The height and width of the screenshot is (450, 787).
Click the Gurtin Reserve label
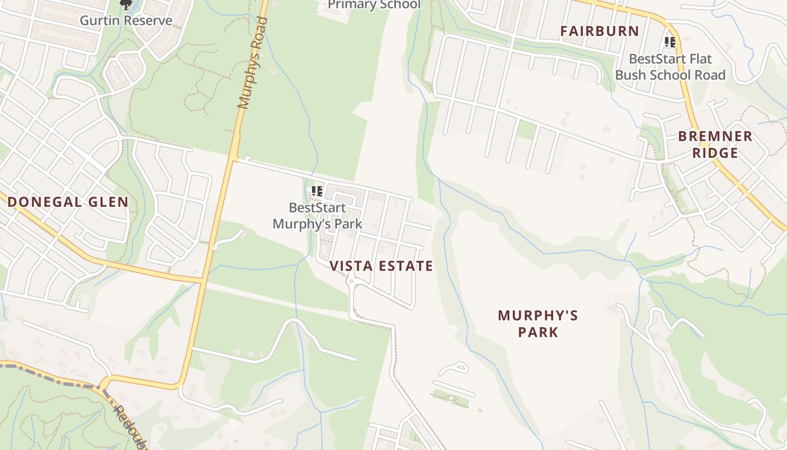126,21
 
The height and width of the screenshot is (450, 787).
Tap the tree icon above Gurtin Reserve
125,5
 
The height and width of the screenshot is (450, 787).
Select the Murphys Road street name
252,63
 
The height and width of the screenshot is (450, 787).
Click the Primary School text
374,5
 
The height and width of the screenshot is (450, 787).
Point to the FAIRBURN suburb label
599,31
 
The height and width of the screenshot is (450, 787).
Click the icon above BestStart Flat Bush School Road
670,42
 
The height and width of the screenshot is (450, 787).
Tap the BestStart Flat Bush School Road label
670,67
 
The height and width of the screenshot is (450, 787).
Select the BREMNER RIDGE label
715,145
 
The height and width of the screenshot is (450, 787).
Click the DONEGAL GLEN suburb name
68,202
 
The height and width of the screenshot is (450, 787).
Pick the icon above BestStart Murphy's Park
317,192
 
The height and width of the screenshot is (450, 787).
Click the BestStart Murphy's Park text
317,216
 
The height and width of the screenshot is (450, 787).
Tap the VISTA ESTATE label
381,266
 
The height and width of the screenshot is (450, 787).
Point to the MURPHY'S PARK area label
538,323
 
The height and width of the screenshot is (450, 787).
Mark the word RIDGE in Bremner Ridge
715,153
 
